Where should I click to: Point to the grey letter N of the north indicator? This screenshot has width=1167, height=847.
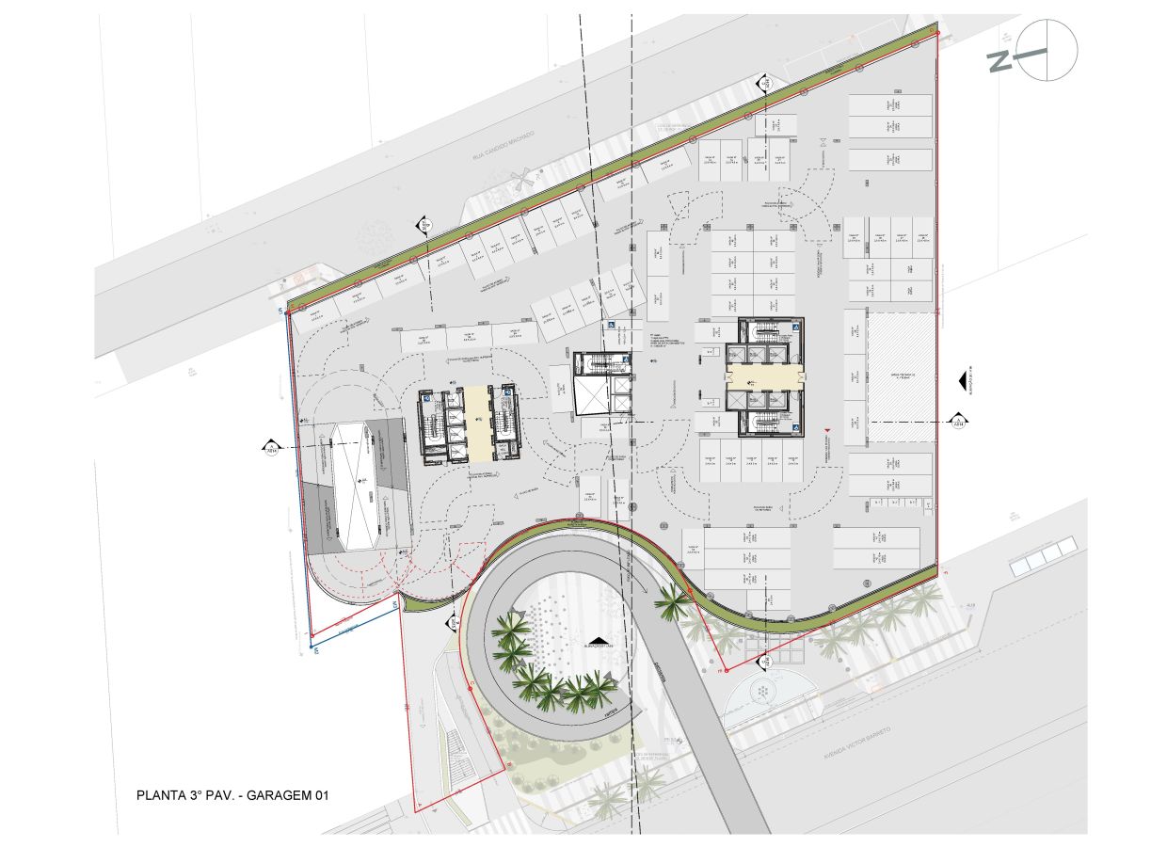click(1000, 61)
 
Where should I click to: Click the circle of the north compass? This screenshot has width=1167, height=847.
click(1047, 50)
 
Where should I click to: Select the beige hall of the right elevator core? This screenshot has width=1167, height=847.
click(765, 376)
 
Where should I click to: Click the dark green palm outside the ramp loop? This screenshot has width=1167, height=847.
click(672, 602)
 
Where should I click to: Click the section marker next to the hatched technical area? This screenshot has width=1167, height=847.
click(958, 420)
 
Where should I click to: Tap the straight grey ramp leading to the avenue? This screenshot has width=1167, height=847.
click(715, 743)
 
